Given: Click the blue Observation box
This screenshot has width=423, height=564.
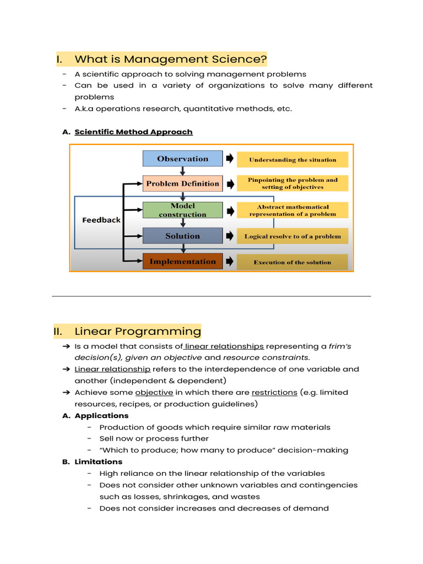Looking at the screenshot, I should coord(182,159).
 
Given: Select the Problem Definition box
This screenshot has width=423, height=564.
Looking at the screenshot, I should coord(182,183).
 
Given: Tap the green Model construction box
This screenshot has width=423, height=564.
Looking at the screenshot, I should coord(182,210).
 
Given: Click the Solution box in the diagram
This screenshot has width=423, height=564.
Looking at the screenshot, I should coord(182,236).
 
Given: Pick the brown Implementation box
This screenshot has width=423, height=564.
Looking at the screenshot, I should coord(182,262).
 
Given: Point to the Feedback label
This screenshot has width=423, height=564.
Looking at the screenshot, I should coord(101,220).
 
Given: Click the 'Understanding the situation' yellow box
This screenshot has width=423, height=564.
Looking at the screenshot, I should coord(292,160).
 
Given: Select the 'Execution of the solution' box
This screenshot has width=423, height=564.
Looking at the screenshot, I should coord(292,262).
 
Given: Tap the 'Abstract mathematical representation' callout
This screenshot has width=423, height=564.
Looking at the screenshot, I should coord(292,210).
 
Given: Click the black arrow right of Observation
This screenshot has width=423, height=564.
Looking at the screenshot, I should coord(229,159).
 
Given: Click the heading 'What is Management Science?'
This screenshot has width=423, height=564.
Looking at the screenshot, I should coord(171,59).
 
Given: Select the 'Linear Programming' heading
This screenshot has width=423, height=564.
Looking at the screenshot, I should coord(138,331).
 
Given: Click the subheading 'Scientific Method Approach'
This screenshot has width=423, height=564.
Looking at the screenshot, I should coord(133,132).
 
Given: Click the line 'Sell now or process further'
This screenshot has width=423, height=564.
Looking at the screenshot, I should coord(154,438).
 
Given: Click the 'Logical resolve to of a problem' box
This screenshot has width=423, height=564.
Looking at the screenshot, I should coord(292,236).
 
